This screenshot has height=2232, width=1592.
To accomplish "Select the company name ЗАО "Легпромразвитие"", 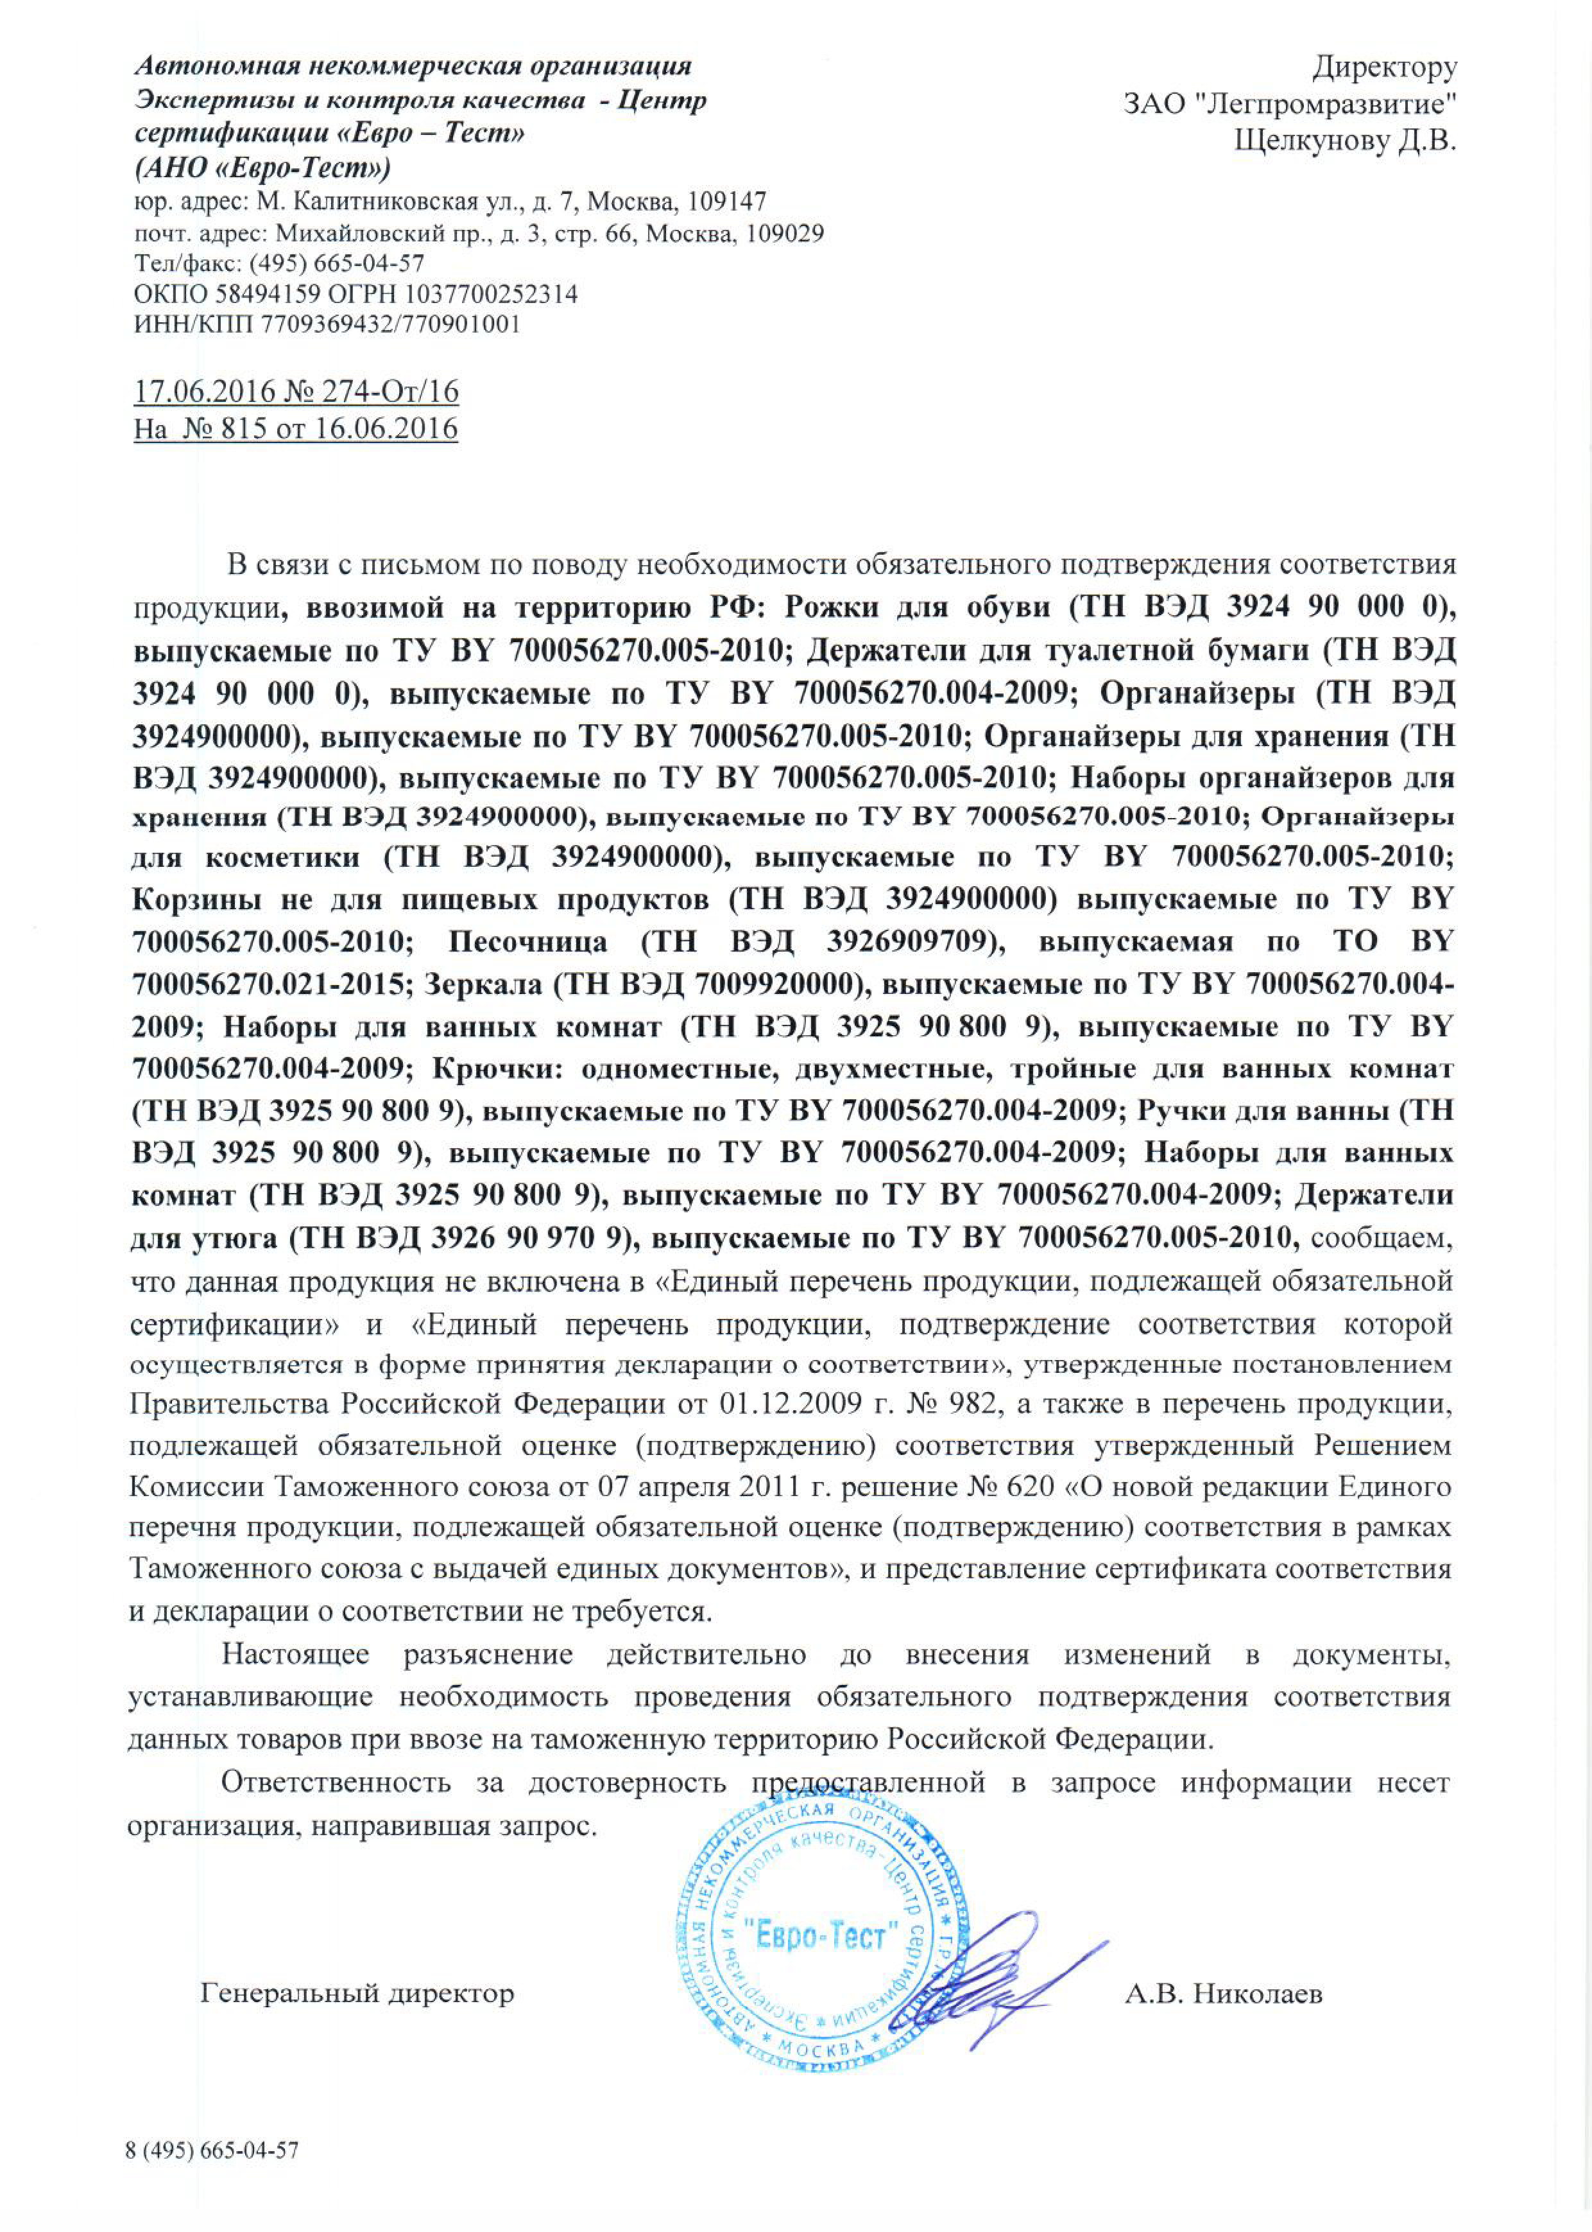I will pos(1290,104).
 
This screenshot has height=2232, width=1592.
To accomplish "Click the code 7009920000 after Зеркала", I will pos(773,984).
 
